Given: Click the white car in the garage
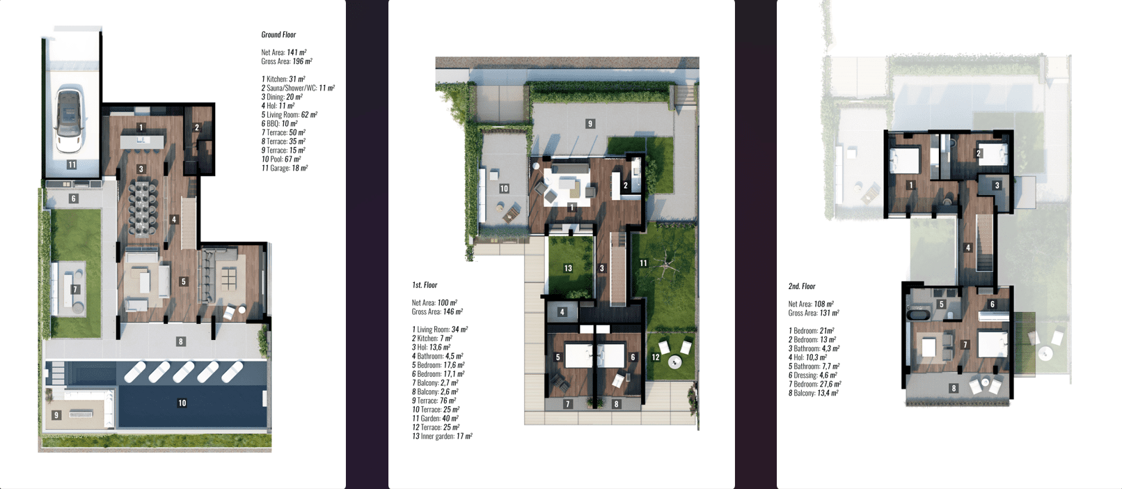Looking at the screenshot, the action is (70, 118).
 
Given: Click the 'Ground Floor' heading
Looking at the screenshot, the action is (278, 35).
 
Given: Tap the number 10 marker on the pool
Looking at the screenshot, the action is (182, 403).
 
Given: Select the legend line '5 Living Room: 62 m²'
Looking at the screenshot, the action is (289, 115).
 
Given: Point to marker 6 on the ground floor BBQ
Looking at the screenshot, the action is (74, 199).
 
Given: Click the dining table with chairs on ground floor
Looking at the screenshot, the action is (142, 209).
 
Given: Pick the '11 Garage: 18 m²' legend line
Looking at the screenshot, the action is (285, 168).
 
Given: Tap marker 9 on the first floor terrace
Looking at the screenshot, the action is (590, 123).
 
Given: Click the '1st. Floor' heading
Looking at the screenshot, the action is (425, 285).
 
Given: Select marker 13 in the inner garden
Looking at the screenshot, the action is (568, 268).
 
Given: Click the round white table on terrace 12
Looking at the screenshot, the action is (674, 361).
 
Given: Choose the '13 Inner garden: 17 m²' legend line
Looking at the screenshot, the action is (442, 436).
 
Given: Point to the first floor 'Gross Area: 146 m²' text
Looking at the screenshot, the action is (437, 312).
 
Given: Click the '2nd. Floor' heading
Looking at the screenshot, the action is (801, 286).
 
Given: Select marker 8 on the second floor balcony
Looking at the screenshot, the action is (954, 388).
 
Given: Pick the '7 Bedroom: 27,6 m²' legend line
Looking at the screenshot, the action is (814, 385).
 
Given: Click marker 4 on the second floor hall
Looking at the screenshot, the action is (968, 247).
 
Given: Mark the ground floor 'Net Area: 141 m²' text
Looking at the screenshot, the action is (283, 52).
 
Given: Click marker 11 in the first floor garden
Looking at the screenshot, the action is (643, 263).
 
